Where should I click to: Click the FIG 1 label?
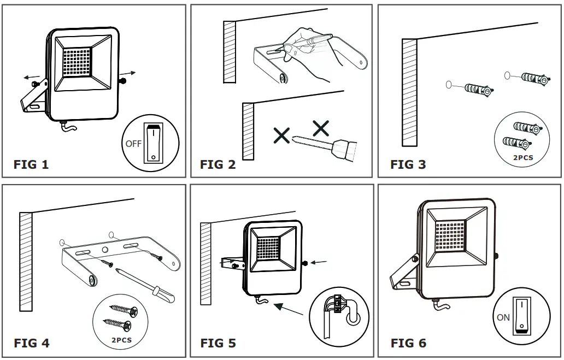31,164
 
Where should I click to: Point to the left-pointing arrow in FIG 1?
32,77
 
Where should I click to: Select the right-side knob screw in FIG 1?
123,81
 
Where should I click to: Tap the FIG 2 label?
218,164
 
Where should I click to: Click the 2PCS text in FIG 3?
522,158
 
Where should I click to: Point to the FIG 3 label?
408,164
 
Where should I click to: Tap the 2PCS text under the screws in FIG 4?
121,339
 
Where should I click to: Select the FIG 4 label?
32,343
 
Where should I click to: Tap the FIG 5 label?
218,343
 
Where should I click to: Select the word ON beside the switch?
503,317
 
